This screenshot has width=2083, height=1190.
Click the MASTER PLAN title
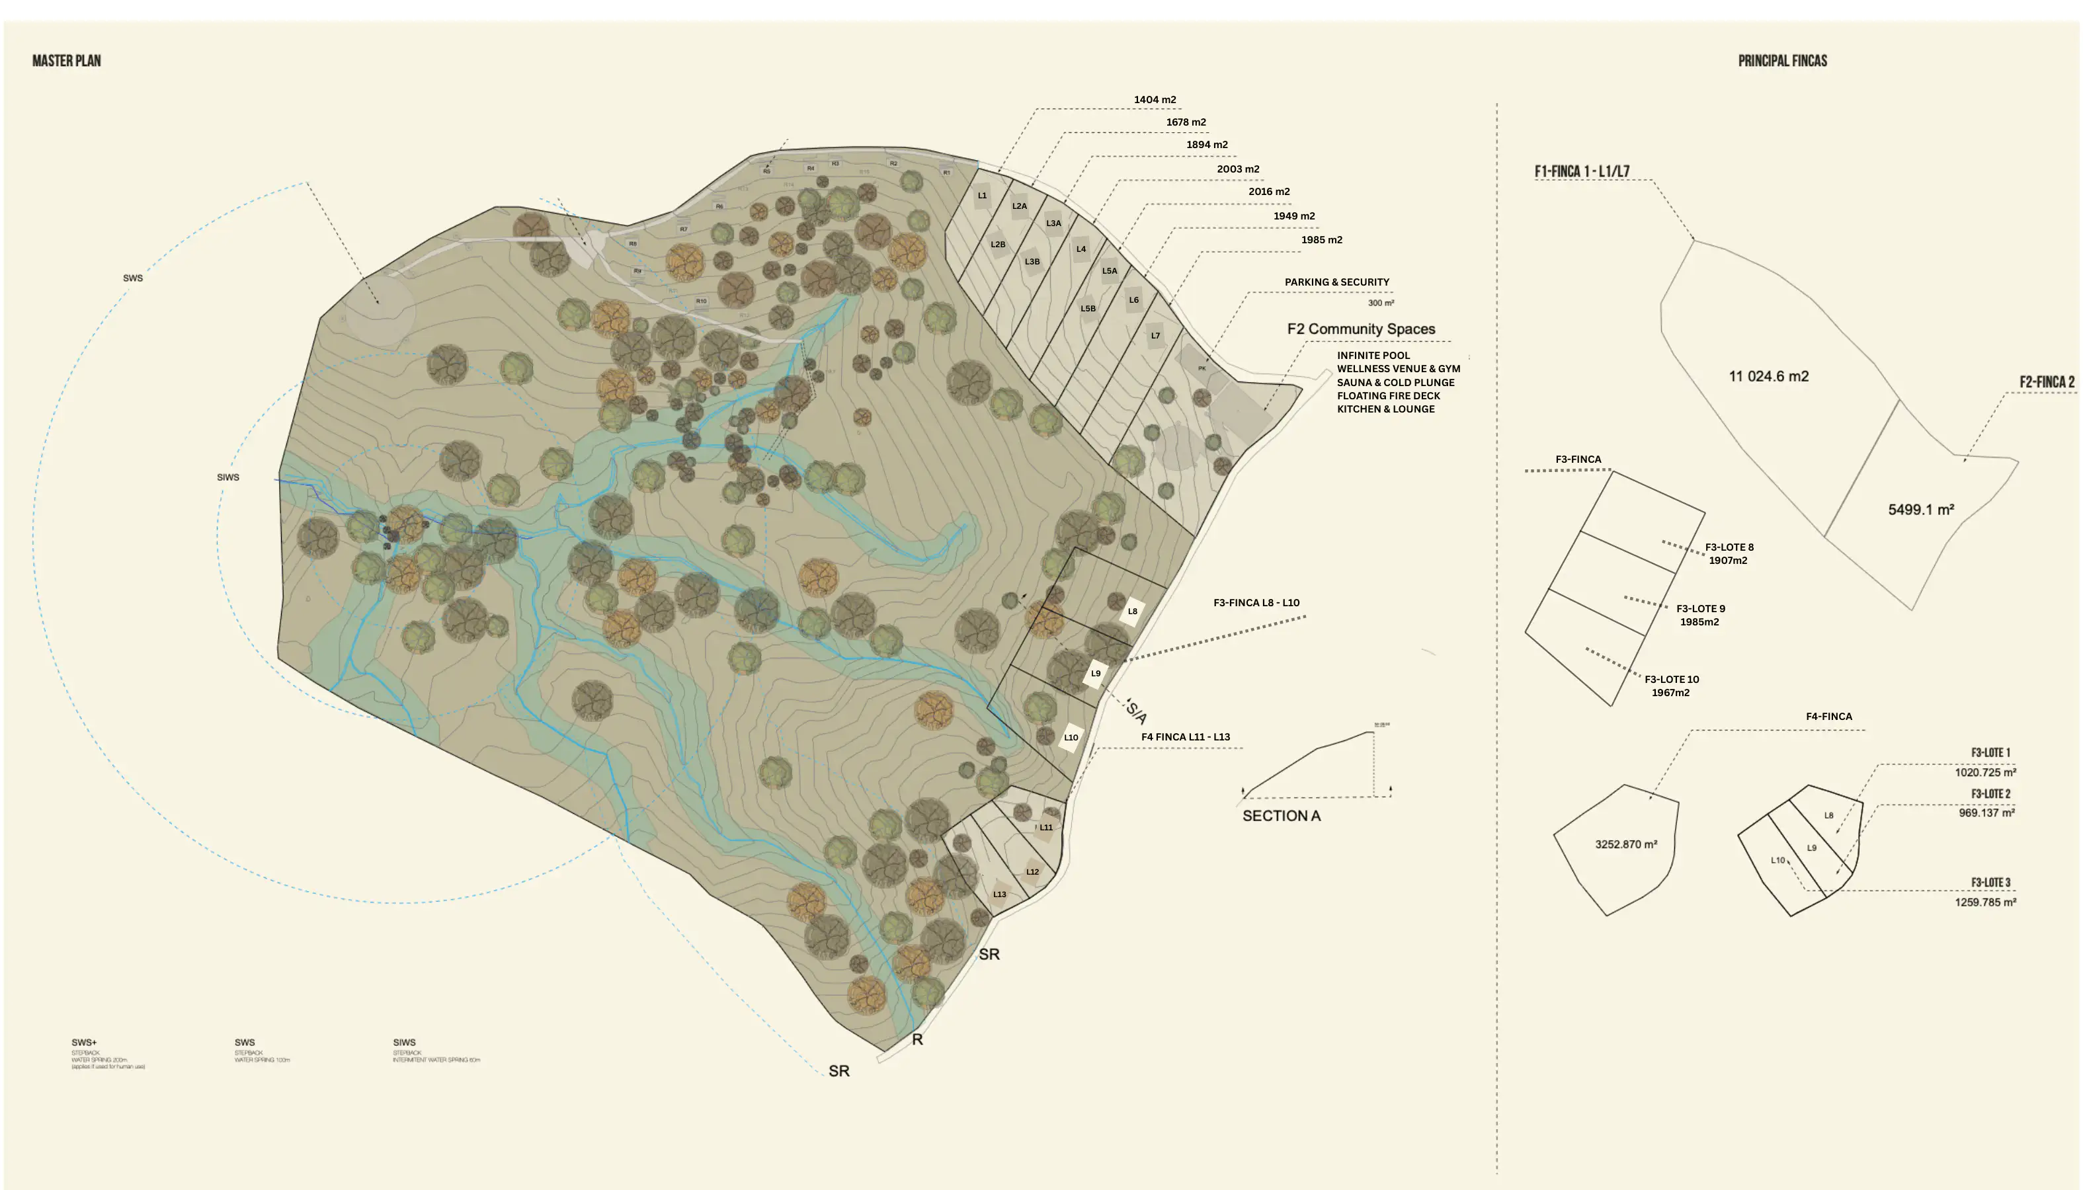[x=66, y=60]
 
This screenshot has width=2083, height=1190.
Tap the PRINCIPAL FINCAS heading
[x=1782, y=60]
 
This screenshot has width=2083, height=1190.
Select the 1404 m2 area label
[x=1155, y=100]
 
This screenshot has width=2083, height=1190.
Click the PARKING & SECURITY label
[x=1336, y=282]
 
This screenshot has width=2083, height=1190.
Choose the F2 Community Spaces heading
[x=1361, y=329]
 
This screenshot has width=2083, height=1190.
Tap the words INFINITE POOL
[x=1373, y=356]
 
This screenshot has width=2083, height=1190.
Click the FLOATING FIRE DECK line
[x=1388, y=395]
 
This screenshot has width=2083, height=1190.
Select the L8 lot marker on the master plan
[x=1132, y=612]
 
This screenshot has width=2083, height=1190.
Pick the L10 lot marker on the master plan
[x=1071, y=737]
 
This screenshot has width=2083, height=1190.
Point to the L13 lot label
[x=1000, y=894]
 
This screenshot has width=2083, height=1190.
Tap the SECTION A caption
[x=1281, y=816]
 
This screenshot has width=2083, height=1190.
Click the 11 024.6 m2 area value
[x=1768, y=377]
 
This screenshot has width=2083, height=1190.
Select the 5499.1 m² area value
[x=1920, y=510]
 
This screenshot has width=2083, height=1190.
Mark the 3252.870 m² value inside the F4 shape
[x=1626, y=844]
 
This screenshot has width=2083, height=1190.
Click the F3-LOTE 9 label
[x=1700, y=609]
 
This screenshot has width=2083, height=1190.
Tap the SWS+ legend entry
[x=84, y=1043]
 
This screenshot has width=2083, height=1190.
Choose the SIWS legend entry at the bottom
[x=404, y=1043]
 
